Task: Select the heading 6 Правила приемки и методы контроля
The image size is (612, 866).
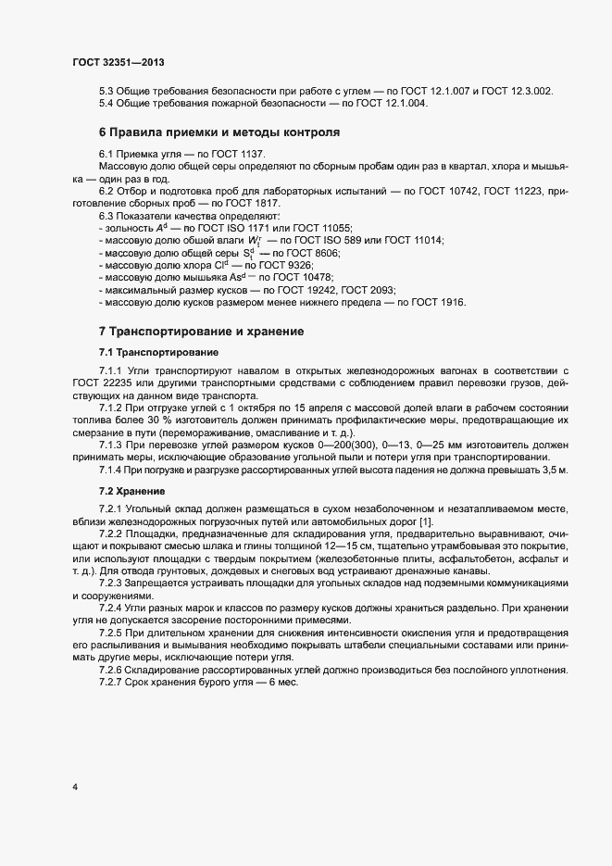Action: (x=219, y=132)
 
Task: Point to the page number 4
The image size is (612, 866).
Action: (x=74, y=787)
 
